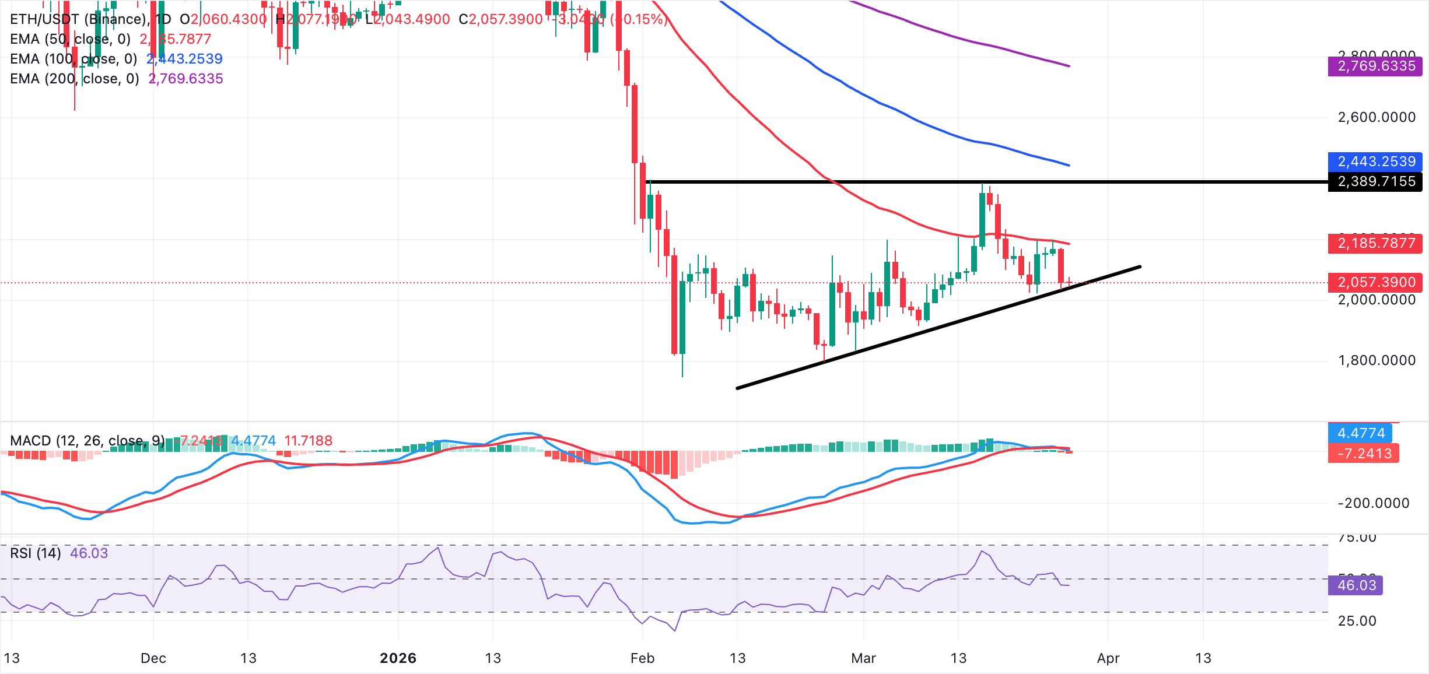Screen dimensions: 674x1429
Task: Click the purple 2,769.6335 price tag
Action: tap(1375, 66)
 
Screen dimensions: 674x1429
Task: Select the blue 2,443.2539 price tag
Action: tap(1375, 162)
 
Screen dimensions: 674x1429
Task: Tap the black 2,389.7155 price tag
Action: tap(1375, 182)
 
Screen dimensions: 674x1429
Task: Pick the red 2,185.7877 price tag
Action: tap(1375, 243)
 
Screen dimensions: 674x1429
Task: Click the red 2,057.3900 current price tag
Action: tap(1375, 282)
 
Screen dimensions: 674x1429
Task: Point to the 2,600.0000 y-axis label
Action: tap(1376, 117)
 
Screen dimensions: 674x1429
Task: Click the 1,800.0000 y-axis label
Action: tap(1376, 360)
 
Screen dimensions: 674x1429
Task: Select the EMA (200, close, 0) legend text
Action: tap(75, 79)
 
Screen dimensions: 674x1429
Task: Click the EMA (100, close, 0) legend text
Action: tap(73, 59)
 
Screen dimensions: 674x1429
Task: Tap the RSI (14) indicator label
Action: tap(36, 553)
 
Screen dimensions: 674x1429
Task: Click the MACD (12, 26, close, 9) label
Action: tap(87, 440)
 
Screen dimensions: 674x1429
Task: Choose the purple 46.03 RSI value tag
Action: tap(1356, 585)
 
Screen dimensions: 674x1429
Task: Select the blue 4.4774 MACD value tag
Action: tap(1360, 433)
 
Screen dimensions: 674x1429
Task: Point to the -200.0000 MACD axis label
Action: tap(1373, 503)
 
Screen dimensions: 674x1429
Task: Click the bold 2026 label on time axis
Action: tap(398, 658)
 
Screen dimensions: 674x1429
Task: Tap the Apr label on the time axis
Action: tap(1108, 658)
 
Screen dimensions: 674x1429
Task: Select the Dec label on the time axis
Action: tap(153, 658)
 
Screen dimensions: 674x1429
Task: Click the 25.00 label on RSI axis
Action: tap(1357, 621)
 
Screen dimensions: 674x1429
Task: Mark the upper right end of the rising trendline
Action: tap(1139, 267)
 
